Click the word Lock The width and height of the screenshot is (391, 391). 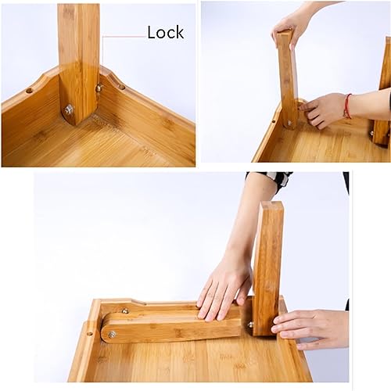point(165,32)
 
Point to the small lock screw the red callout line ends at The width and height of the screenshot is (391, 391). point(99,88)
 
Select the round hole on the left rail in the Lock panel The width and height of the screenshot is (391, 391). point(30,90)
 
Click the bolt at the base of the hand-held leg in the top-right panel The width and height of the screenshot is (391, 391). point(289,123)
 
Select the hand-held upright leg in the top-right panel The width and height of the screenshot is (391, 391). point(287,78)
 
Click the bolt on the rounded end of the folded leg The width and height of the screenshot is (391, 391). point(113,334)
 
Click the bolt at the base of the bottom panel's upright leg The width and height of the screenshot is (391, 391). point(251,324)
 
